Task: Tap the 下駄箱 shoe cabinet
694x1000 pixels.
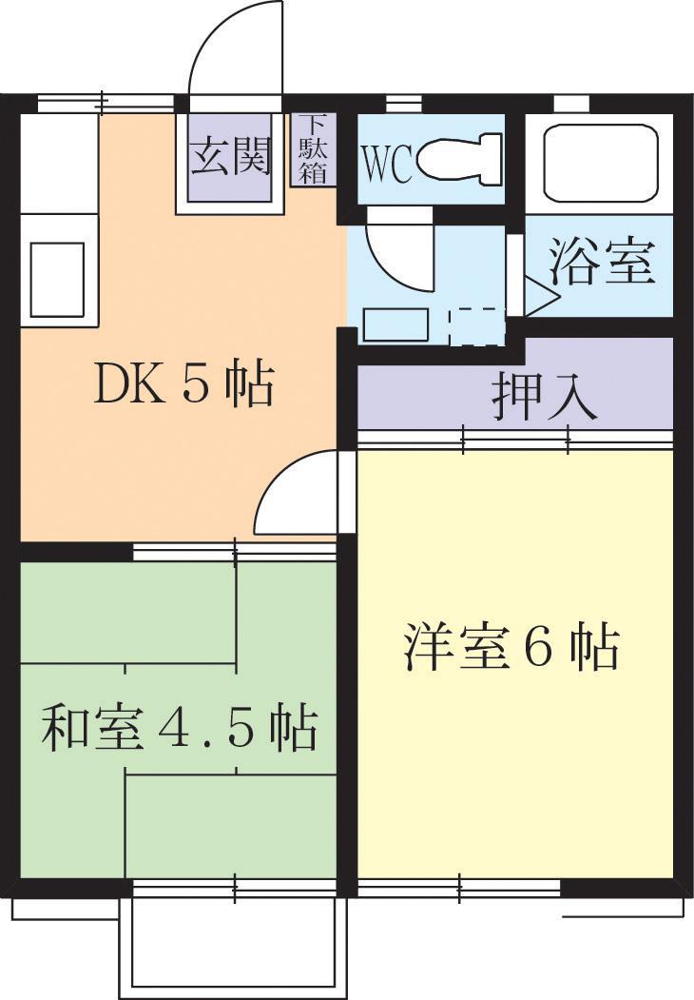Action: coord(313,149)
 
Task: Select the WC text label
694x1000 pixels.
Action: coord(387,165)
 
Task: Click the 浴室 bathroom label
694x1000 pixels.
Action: coord(602,261)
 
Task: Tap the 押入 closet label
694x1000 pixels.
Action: coord(544,398)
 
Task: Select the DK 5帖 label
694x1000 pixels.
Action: coord(184,384)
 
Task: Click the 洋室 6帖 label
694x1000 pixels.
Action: coord(511,647)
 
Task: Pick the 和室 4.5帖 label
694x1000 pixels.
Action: coord(179,728)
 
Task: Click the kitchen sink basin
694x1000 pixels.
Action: coord(57,279)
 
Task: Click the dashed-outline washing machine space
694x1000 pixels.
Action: coord(477,327)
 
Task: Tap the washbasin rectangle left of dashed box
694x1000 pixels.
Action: coord(395,325)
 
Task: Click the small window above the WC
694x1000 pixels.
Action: coord(404,103)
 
